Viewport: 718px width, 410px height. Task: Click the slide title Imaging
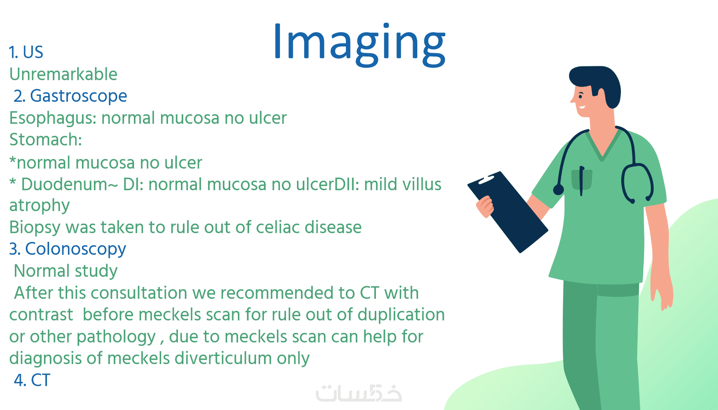[x=359, y=44]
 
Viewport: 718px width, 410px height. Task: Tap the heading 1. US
[x=26, y=52]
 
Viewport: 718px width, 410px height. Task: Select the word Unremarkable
[x=63, y=74]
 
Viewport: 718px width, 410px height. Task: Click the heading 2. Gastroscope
[x=70, y=96]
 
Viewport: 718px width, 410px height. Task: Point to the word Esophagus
[x=51, y=118]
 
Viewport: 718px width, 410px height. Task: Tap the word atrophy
[x=39, y=206]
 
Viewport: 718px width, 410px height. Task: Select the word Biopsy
[x=35, y=227]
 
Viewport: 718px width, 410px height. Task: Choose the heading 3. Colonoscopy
[x=68, y=249]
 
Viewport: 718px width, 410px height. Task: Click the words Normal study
[x=66, y=271]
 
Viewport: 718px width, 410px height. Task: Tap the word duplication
[x=401, y=315]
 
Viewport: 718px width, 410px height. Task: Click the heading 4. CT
[x=32, y=380]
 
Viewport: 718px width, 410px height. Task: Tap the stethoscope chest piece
[x=558, y=190]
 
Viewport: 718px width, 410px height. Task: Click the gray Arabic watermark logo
[x=359, y=393]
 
